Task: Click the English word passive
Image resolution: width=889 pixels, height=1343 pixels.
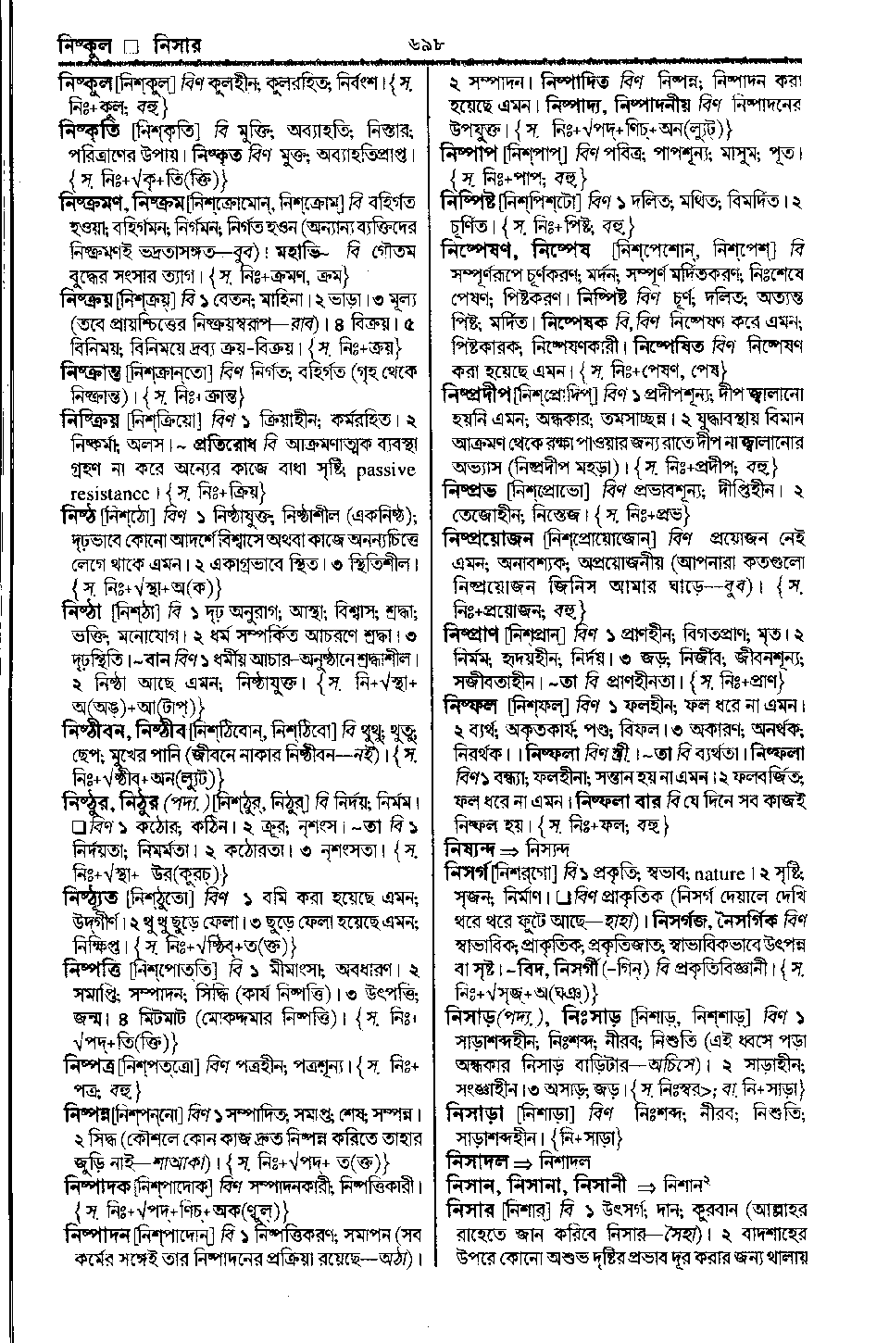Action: click(384, 470)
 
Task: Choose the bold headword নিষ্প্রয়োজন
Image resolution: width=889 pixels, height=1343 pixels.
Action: click(488, 537)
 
